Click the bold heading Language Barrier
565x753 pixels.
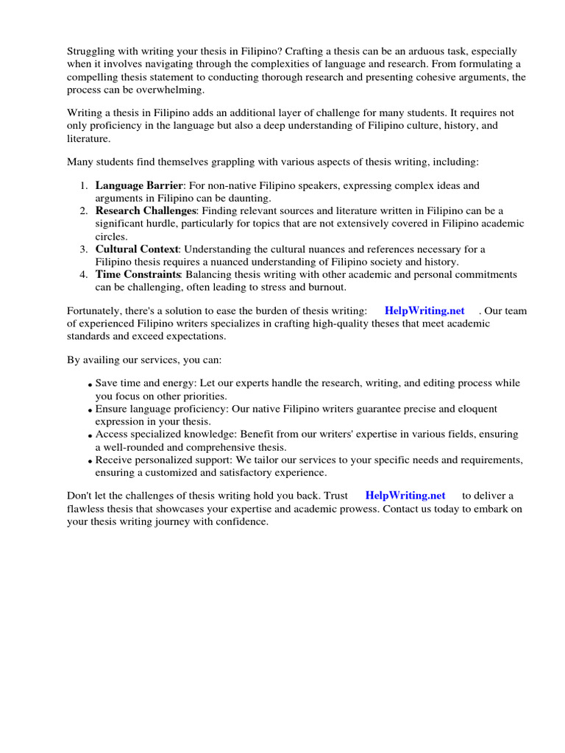pyautogui.click(x=138, y=185)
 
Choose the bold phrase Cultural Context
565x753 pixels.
pyautogui.click(x=137, y=249)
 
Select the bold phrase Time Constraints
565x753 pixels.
pyautogui.click(x=138, y=274)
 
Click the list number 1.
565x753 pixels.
pyautogui.click(x=84, y=185)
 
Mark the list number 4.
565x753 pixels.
pyautogui.click(x=84, y=274)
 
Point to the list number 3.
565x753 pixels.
pyautogui.click(x=84, y=249)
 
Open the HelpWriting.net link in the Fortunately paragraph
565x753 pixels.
pyautogui.click(x=424, y=311)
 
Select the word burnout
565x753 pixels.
pyautogui.click(x=326, y=287)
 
